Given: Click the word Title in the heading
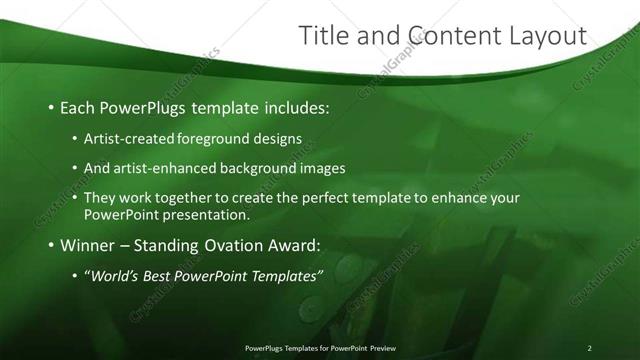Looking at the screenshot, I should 323,36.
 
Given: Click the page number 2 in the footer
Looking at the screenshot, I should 590,348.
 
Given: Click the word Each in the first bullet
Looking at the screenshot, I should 79,106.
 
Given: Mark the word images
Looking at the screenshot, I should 323,168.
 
